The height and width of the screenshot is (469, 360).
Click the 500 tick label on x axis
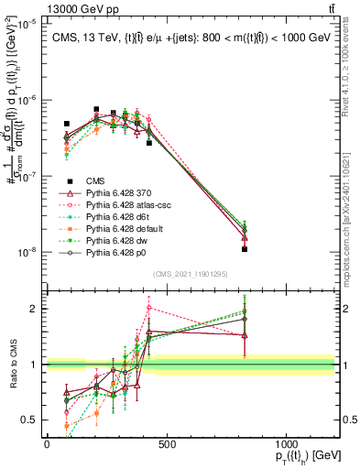click(x=166, y=443)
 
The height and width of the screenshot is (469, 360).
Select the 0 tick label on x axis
click(x=47, y=443)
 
